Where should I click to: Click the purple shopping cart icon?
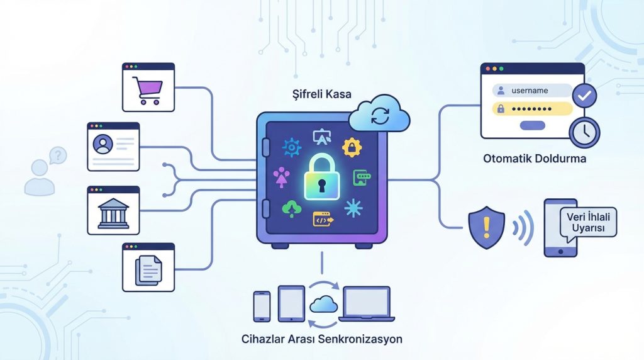coord(148,91)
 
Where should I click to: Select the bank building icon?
coord(113,214)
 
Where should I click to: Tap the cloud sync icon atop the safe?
coord(380,116)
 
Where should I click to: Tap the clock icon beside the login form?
coord(584,132)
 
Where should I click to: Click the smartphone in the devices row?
coord(261,306)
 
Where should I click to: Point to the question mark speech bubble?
coord(57,154)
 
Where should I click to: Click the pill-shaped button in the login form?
coord(533,125)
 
